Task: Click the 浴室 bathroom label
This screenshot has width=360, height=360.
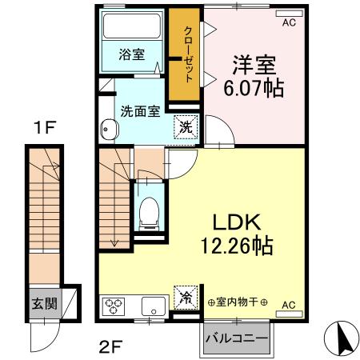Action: tap(132, 54)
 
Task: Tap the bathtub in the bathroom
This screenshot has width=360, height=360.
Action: tap(132, 26)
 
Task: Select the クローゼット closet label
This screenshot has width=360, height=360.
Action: tap(188, 54)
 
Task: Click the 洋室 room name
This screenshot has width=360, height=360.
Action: tap(254, 65)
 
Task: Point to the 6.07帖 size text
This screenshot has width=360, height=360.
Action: tap(254, 88)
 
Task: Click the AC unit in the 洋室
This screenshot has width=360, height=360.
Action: tap(290, 14)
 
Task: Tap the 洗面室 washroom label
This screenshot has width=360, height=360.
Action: tap(140, 111)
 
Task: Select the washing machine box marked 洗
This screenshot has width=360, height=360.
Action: tap(186, 127)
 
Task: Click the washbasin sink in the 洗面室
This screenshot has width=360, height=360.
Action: tap(110, 130)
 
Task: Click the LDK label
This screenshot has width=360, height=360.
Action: tap(237, 222)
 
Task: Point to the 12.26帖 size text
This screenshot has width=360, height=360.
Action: tap(237, 246)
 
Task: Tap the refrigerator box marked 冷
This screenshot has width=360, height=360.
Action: tap(186, 298)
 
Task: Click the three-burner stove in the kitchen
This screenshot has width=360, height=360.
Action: tap(114, 306)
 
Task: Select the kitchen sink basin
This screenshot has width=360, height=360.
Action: tap(154, 306)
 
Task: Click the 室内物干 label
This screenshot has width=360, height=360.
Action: tap(237, 302)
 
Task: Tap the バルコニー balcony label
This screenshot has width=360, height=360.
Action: tap(236, 338)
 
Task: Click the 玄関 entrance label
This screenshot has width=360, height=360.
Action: tap(45, 303)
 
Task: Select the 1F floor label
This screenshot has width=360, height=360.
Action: tap(45, 127)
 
